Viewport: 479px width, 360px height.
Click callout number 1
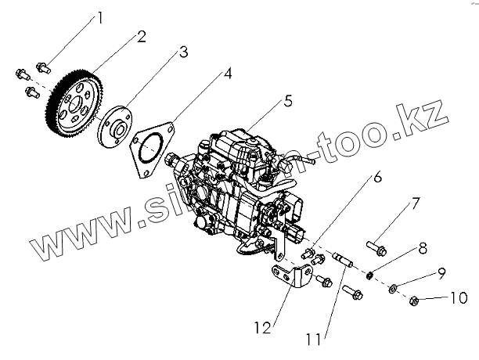[99, 16]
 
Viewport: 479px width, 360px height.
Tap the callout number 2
[142, 35]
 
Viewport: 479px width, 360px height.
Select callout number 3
[182, 52]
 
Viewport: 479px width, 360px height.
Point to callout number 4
[227, 74]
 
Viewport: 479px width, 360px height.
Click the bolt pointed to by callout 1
[44, 66]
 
